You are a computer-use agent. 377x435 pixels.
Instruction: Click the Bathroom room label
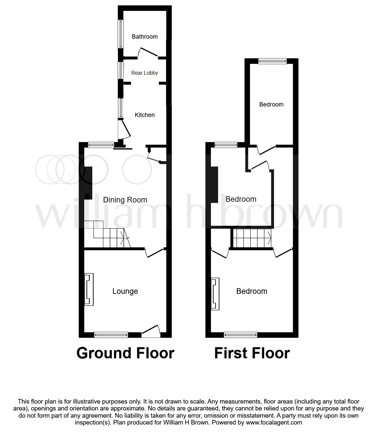pos(144,37)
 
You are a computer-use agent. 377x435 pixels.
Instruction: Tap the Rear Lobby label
pos(144,73)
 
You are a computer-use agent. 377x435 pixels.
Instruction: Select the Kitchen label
pos(144,115)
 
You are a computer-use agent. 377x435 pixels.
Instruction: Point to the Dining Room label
pos(125,200)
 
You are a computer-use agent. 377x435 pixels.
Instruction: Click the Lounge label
pos(125,291)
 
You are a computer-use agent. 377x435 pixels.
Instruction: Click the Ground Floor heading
pos(125,353)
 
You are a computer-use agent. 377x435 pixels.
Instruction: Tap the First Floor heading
pos(252,353)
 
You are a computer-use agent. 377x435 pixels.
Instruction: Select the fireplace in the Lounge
pos(89,290)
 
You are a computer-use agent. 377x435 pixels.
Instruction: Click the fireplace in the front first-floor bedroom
pos(215,293)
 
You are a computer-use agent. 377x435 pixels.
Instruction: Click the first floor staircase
pos(252,238)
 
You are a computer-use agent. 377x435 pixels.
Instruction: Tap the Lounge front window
pos(111,334)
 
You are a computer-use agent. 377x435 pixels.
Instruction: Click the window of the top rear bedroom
pos(272,61)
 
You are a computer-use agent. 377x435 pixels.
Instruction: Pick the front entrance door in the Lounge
pos(151,331)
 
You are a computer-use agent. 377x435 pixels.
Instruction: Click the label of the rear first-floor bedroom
pos(271,104)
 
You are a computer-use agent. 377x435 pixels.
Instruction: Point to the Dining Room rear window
pos(101,144)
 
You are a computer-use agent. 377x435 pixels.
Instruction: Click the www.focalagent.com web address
pos(273,423)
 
